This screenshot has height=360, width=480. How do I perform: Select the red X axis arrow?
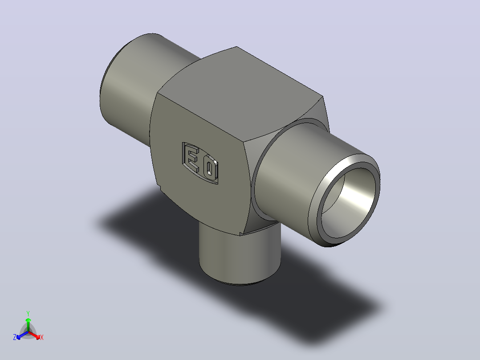click(x=35, y=335)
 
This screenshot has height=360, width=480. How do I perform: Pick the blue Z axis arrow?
click(x=23, y=335)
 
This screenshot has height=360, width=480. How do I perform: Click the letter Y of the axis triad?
click(x=28, y=314)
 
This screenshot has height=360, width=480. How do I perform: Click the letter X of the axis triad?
click(x=42, y=337)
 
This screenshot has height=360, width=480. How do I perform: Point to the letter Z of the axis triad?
click(x=15, y=337)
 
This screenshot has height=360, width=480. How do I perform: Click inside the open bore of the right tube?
click(x=349, y=203)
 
